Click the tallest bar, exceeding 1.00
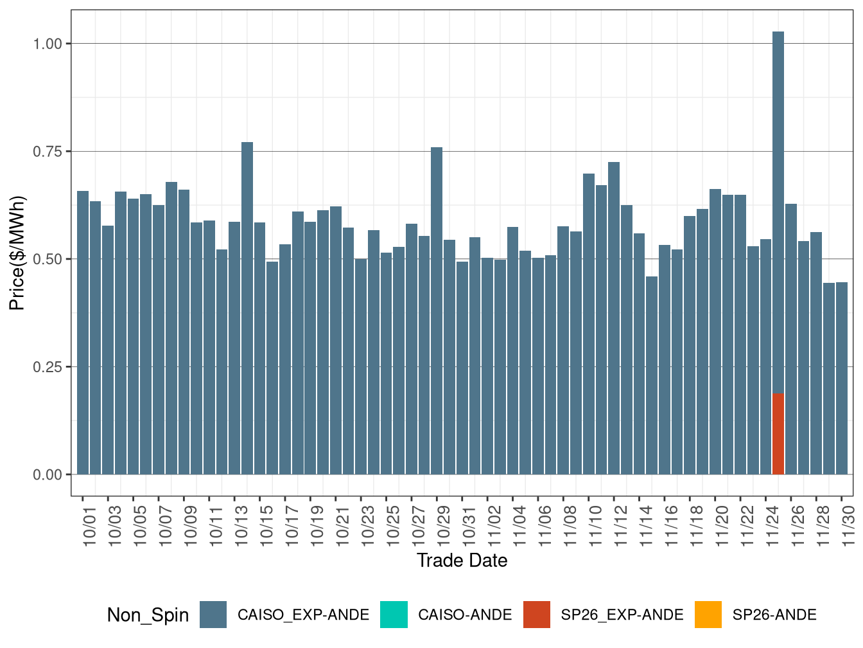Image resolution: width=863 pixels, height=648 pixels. (x=778, y=212)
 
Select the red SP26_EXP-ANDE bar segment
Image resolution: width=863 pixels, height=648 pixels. (x=778, y=434)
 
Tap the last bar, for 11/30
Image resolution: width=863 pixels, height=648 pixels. (x=842, y=379)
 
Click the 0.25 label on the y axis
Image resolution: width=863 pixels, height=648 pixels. (x=48, y=367)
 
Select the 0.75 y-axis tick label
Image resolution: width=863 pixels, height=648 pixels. (x=48, y=152)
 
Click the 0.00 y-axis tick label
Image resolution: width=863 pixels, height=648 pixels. (x=48, y=475)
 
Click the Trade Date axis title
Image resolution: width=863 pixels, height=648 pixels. (x=462, y=561)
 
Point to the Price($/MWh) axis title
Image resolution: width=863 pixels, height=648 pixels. (x=17, y=253)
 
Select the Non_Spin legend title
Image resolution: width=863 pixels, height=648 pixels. (x=148, y=615)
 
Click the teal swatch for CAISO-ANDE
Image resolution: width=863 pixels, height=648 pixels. (x=394, y=615)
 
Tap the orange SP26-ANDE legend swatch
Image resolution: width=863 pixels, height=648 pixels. (x=708, y=615)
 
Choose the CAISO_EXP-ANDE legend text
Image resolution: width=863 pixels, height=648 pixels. (x=303, y=615)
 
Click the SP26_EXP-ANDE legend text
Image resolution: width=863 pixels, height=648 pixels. (x=622, y=615)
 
